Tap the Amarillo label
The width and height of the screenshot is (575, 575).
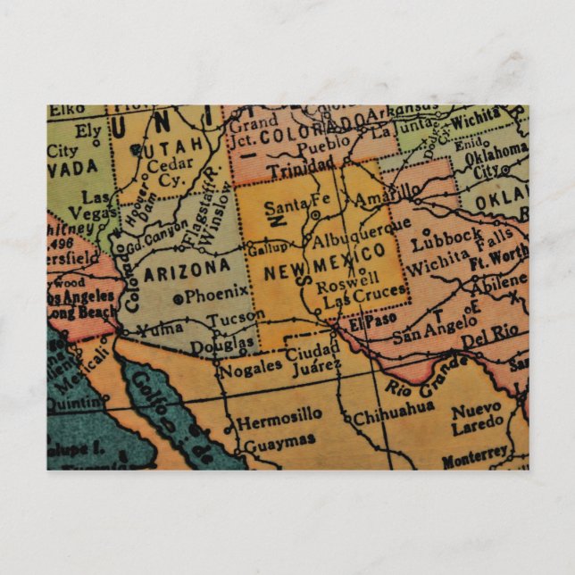click(386, 194)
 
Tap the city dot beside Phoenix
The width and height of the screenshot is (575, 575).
click(179, 297)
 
